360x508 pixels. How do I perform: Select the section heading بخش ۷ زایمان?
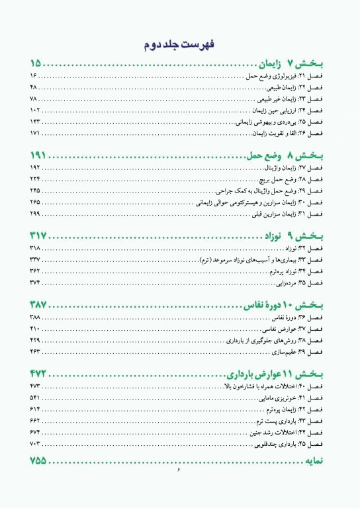pyautogui.click(x=291, y=64)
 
